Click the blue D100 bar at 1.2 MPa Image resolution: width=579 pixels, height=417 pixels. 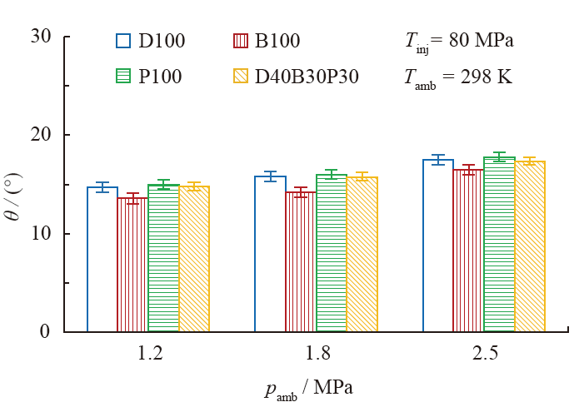click(x=102, y=260)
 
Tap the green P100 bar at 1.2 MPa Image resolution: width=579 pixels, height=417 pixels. click(x=163, y=259)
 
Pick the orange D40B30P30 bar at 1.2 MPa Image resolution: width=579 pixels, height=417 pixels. click(x=194, y=260)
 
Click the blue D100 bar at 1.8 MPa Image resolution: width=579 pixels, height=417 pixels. click(x=271, y=254)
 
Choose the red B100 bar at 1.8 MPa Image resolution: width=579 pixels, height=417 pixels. click(x=301, y=261)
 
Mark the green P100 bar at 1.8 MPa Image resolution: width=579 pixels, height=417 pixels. click(x=332, y=253)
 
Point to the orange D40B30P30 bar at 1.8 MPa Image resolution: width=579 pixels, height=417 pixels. click(x=362, y=255)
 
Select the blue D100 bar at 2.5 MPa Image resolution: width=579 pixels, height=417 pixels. click(x=438, y=246)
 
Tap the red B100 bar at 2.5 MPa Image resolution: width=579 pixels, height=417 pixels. click(x=468, y=251)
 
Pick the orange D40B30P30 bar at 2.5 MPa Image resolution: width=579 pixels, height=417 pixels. click(x=530, y=247)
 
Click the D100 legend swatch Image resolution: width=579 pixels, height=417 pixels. click(x=123, y=41)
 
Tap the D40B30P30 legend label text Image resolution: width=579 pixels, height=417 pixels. click(x=307, y=77)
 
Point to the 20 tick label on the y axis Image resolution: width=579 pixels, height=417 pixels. click(x=39, y=135)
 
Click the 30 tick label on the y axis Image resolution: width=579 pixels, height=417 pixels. click(x=39, y=37)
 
